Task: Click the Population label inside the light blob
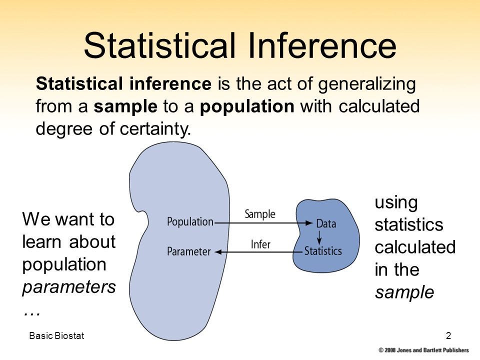point(190,221)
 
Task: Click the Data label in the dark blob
point(326,223)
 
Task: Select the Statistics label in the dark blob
point(323,250)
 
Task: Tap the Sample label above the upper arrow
point(259,214)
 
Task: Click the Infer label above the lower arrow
point(260,244)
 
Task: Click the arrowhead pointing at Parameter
point(218,252)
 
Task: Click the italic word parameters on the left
point(69,287)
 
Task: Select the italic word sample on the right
point(404,292)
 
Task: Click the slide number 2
point(448,335)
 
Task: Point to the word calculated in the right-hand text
point(415,247)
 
